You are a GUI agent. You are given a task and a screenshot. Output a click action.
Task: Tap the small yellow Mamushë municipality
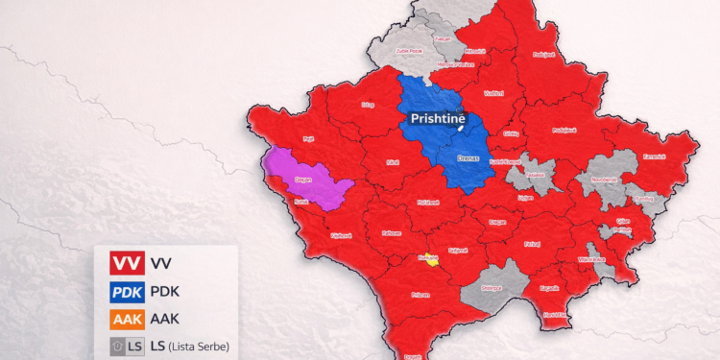click(429, 258)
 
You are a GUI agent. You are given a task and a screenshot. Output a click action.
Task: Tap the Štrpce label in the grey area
click(492, 286)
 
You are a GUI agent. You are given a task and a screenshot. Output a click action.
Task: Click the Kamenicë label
click(654, 156)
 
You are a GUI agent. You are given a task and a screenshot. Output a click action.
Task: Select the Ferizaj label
click(532, 244)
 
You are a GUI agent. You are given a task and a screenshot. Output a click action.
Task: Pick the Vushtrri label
click(494, 93)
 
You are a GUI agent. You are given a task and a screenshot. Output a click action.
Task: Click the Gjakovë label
click(339, 234)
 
